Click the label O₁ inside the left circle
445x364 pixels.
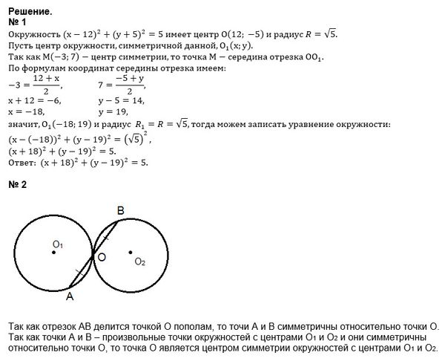(58, 244)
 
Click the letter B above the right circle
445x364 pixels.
(121, 210)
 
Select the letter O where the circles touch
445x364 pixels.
(102, 256)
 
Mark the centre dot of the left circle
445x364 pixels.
(54, 253)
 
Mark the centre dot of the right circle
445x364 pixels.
(131, 251)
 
